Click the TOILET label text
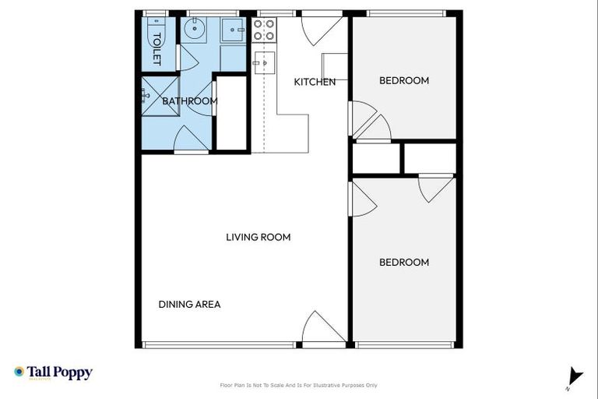157,48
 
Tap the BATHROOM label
189,101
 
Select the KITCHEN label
315,82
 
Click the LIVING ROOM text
258,237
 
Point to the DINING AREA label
189,305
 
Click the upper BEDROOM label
403,80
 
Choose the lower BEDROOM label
403,263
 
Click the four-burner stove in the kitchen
264,30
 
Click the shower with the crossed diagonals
160,96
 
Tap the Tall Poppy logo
53,373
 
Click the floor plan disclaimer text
299,385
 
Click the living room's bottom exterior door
322,329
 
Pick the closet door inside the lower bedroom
436,187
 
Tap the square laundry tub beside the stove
232,30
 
